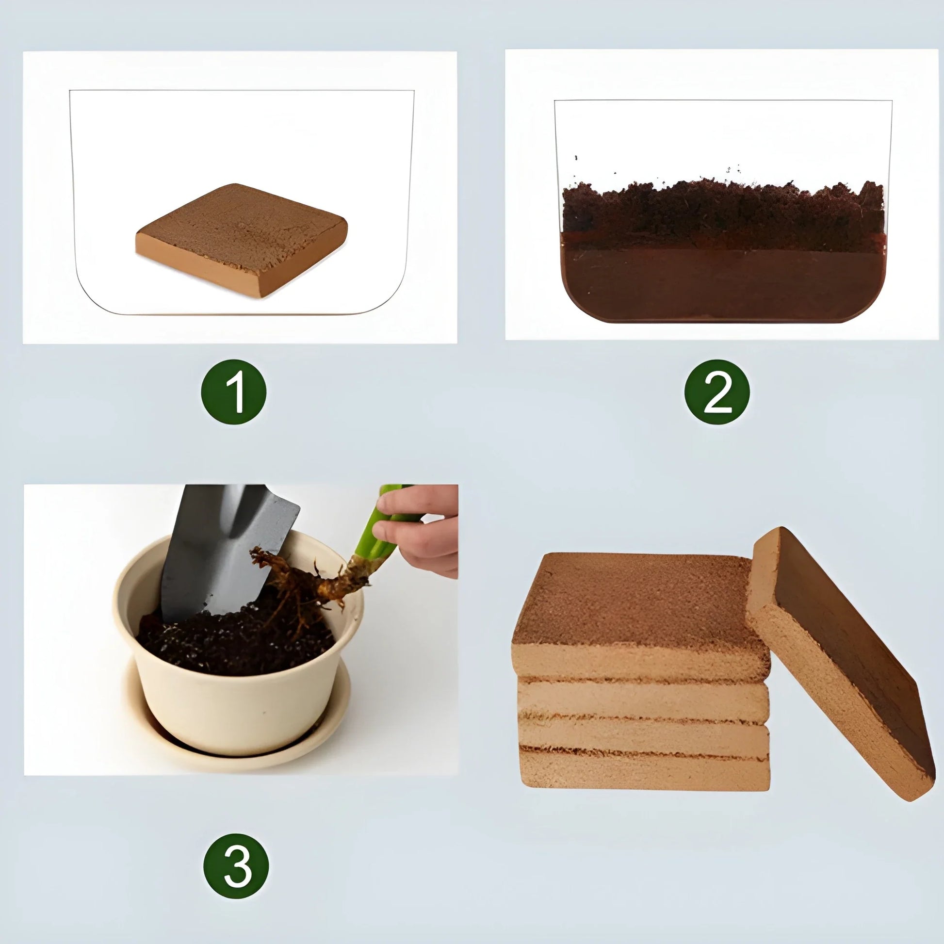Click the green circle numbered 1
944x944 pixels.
pos(234,392)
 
